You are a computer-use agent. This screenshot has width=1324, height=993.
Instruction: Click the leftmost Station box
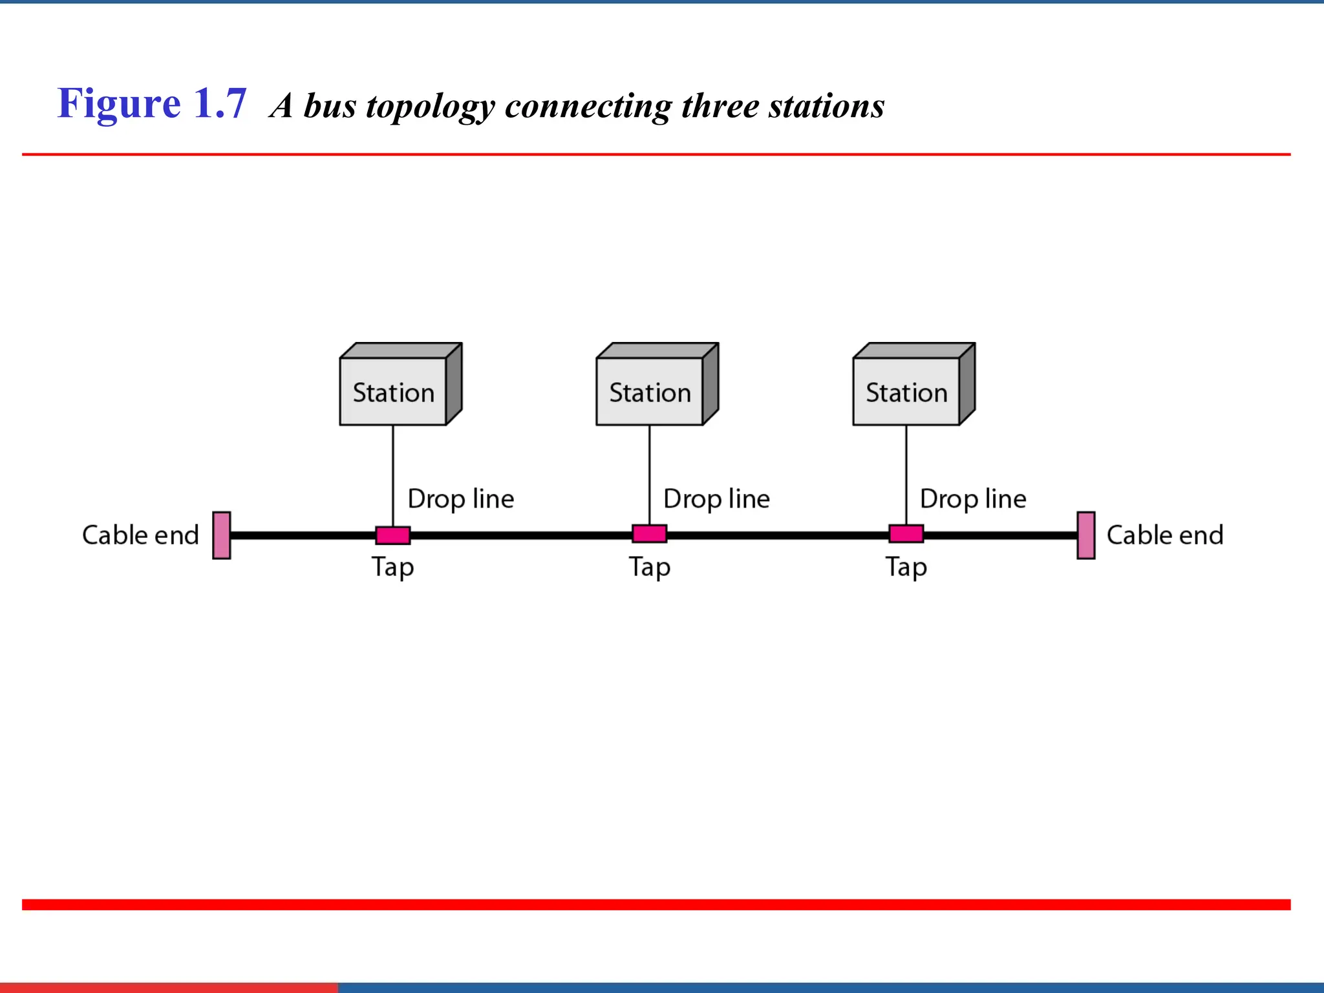click(393, 392)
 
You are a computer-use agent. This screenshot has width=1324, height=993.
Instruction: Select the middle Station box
click(650, 392)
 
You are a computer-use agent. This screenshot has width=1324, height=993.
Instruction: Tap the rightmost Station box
click(906, 392)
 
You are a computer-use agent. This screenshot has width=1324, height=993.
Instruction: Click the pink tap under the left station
click(393, 535)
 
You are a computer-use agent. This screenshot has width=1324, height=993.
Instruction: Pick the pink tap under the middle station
click(650, 534)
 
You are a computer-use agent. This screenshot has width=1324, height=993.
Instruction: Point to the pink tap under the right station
click(906, 534)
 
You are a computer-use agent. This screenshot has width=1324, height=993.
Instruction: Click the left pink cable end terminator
click(222, 535)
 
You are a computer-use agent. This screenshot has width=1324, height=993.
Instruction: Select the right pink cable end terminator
click(1086, 535)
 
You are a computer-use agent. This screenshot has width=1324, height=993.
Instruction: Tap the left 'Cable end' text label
click(140, 535)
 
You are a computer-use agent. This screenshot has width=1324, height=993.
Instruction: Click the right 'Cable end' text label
click(1165, 535)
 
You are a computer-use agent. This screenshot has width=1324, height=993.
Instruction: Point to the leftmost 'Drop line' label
click(461, 499)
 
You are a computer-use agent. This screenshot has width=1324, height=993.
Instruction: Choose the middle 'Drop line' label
click(717, 499)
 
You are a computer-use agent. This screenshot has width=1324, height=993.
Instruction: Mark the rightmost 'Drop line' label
click(973, 499)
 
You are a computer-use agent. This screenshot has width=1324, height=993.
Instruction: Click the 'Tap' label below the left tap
click(392, 568)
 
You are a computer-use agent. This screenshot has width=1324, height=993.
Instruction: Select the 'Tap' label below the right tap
click(906, 568)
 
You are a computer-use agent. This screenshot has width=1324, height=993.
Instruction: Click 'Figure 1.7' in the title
click(152, 103)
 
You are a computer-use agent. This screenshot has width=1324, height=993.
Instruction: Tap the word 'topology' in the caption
click(429, 107)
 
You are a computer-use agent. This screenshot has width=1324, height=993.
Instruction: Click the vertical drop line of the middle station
click(650, 475)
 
